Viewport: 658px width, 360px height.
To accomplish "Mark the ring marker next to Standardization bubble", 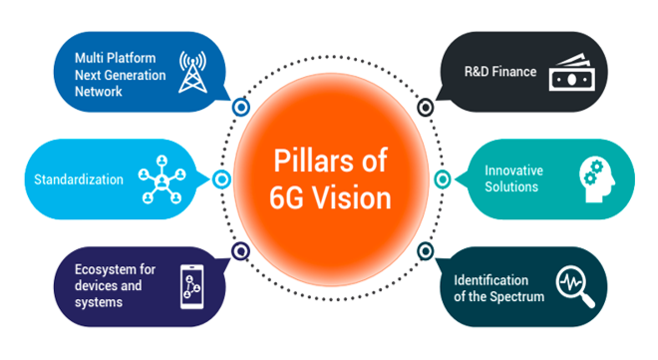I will click(x=221, y=180).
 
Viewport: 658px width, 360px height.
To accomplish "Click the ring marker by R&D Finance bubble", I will click(x=426, y=104).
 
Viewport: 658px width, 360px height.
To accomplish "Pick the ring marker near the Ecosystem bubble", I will click(x=239, y=251).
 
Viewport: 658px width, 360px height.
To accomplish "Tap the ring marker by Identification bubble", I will click(x=425, y=251).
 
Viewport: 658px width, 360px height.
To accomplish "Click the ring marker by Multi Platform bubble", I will click(x=239, y=105).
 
